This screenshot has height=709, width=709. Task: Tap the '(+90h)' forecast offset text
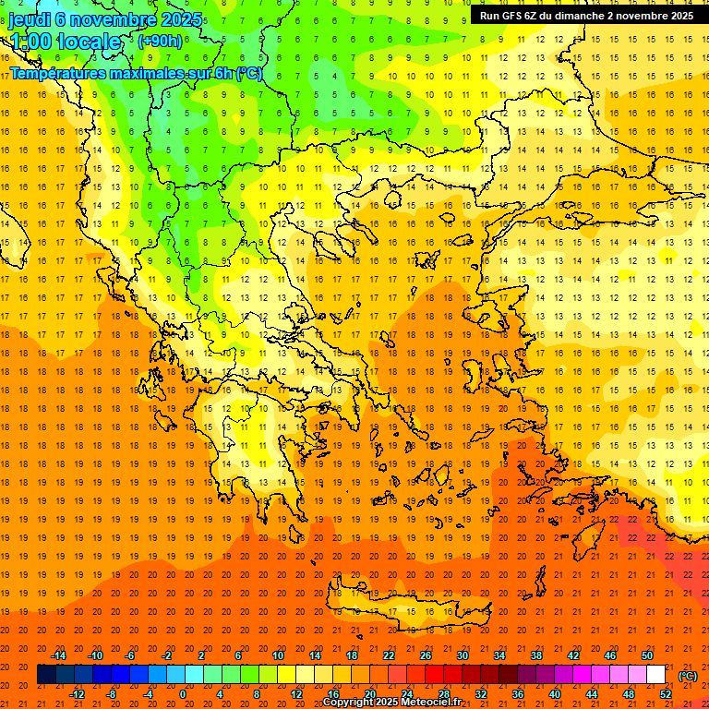point(160,41)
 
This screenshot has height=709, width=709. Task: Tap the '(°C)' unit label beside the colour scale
point(688,676)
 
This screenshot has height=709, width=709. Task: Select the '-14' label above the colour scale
point(59,655)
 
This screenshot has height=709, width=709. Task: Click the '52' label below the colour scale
point(666,694)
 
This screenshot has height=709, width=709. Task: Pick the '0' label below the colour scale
point(183,694)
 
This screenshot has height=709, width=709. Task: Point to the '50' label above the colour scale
point(647,655)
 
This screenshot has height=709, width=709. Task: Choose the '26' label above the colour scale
point(426,655)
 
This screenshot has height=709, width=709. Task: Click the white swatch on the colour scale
point(655,675)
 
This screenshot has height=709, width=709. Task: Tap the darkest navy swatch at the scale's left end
point(46,675)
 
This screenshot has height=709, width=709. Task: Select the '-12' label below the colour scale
point(78,694)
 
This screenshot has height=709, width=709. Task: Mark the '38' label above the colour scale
point(536,655)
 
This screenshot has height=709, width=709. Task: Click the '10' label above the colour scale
point(278,655)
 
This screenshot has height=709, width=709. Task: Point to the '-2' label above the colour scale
point(167,655)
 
